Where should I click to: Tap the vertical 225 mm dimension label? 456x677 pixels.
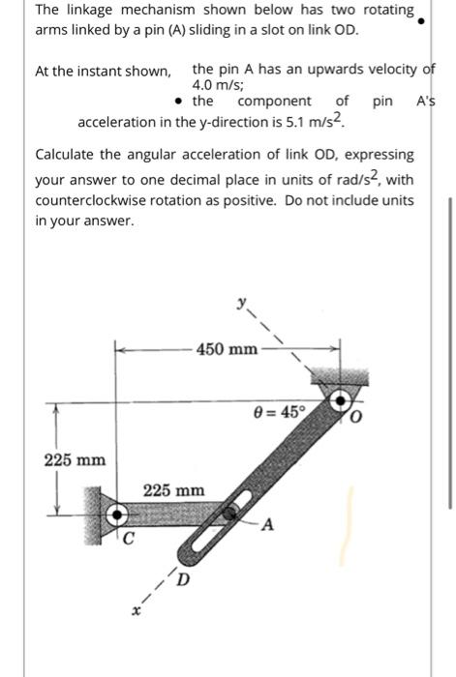click(x=74, y=458)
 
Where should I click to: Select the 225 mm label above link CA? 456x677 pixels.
click(x=175, y=490)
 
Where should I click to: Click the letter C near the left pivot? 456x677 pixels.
click(x=127, y=538)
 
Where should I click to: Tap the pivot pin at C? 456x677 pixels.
click(x=118, y=513)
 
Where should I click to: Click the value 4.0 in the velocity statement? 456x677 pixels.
click(x=205, y=84)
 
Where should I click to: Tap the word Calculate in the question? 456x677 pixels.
click(x=69, y=155)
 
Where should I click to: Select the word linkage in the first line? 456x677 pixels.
click(x=89, y=11)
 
